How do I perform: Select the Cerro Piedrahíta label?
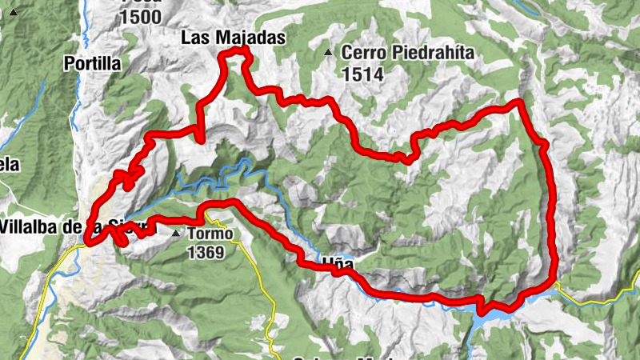click(x=408, y=54)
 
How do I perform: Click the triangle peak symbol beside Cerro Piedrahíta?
click(x=328, y=54)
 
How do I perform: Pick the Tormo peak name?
click(x=210, y=234)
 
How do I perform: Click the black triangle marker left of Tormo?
click(x=177, y=234)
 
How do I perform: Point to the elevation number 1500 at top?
click(x=141, y=17)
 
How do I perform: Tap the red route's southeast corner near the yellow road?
click(x=552, y=282)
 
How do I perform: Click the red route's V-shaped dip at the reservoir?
click(x=481, y=309)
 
